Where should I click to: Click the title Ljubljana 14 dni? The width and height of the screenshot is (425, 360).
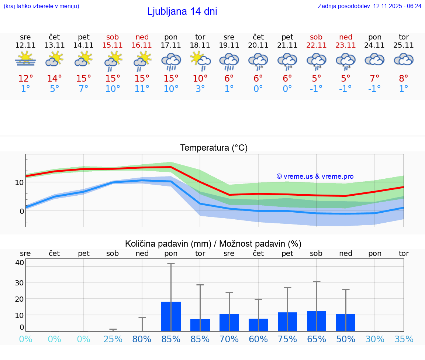[182, 11]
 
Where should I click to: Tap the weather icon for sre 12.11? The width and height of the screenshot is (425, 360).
[25, 59]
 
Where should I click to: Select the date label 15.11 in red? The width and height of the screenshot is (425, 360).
[113, 45]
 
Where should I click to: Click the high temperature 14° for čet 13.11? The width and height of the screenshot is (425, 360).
[54, 79]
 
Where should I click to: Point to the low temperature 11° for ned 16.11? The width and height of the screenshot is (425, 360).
[142, 89]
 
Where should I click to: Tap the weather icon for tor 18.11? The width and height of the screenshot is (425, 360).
[200, 60]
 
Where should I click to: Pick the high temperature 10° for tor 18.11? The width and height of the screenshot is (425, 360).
[200, 79]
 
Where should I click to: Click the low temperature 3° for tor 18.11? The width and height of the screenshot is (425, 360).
[200, 89]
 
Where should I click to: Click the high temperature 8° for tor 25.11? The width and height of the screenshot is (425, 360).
[404, 79]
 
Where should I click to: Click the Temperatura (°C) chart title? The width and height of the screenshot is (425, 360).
[214, 148]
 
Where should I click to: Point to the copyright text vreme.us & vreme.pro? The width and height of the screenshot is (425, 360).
[315, 176]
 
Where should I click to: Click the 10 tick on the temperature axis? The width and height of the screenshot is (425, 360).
[20, 182]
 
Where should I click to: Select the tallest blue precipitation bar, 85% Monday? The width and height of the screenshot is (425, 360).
[171, 316]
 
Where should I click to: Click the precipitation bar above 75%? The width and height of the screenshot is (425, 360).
[287, 322]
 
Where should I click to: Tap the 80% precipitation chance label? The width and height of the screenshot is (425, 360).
[142, 339]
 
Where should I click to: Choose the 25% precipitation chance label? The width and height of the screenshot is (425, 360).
[113, 339]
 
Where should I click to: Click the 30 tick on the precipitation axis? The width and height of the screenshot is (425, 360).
[19, 283]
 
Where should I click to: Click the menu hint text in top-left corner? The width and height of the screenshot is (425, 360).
[41, 6]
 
